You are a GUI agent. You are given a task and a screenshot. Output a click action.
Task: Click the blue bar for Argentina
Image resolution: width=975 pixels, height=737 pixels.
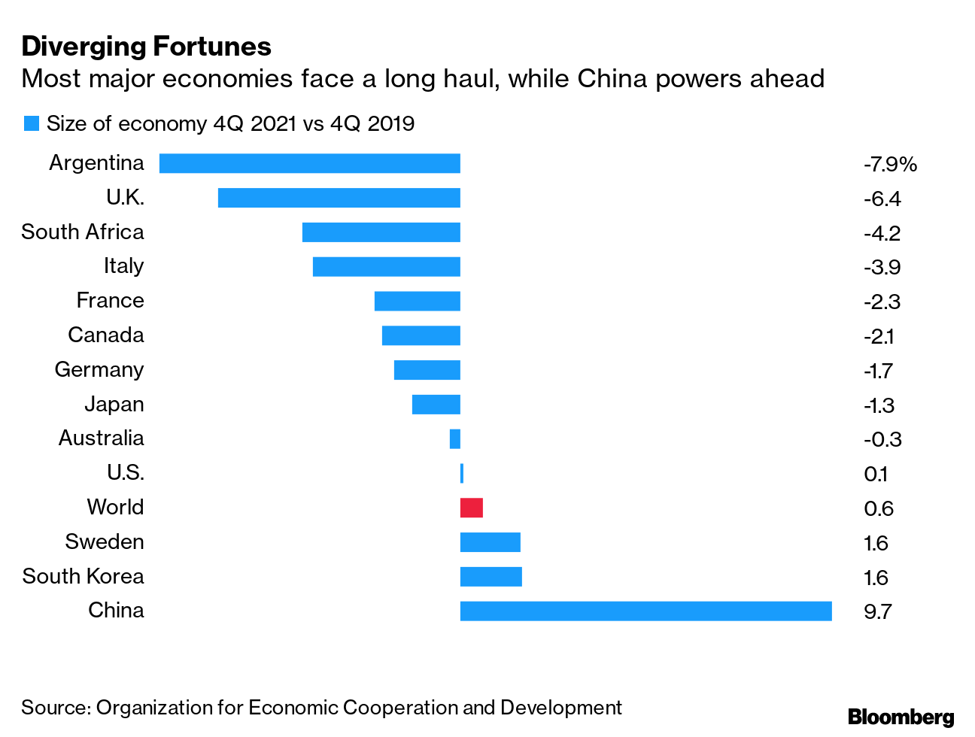309,163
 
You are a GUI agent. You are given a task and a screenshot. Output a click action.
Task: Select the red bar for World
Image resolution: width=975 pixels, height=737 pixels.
472,508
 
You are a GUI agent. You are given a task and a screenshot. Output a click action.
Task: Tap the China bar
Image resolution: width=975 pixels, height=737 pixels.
645,611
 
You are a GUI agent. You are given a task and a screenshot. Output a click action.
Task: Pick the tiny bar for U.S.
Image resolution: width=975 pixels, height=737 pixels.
462,473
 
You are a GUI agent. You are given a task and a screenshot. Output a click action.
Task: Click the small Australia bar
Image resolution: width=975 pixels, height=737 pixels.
455,438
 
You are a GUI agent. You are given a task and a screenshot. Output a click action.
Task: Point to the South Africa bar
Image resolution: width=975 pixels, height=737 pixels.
381,232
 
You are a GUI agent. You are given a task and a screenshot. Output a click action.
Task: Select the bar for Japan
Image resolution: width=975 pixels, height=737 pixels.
436,405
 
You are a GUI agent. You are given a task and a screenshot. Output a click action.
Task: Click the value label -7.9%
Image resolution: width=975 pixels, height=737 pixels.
890,164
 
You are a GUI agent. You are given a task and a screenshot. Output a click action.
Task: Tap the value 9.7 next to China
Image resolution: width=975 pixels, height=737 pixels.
878,611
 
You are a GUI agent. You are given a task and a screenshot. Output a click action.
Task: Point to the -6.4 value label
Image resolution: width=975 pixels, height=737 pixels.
882,199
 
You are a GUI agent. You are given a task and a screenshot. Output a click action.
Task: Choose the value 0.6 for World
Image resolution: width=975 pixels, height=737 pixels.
879,508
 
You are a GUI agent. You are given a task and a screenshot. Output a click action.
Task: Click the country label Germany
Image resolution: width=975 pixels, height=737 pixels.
99,370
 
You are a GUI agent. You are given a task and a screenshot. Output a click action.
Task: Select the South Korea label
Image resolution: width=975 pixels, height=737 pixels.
83,577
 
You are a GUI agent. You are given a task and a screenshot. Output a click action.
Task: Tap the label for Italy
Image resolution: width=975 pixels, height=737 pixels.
123,266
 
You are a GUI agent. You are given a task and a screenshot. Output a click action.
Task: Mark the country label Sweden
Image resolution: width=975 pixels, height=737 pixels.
104,542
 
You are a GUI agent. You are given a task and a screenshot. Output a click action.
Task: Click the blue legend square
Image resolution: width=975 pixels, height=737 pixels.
31,124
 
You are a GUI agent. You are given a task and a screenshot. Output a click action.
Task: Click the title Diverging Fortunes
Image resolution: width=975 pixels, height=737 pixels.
146,47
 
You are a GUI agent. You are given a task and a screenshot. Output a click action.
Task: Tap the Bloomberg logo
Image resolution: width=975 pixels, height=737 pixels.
901,717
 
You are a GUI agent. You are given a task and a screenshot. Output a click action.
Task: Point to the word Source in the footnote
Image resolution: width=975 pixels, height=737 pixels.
55,708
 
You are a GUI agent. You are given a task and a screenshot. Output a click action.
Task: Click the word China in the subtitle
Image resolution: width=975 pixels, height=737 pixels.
612,79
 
